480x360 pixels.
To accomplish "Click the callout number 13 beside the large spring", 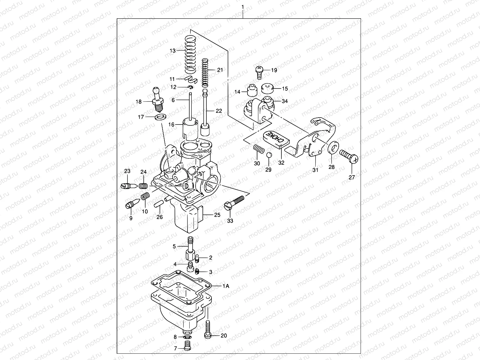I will (172, 51).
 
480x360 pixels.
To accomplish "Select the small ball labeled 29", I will (269, 155).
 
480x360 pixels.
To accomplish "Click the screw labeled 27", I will (349, 156).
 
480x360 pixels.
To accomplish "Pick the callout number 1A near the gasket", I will (226, 286).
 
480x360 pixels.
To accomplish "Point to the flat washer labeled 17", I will (161, 117).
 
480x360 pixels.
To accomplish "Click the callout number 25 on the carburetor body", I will (217, 215).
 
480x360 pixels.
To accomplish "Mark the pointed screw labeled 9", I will (132, 204).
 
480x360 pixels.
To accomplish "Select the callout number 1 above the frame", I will (243, 7).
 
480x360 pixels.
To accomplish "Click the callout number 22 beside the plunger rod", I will (219, 111).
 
